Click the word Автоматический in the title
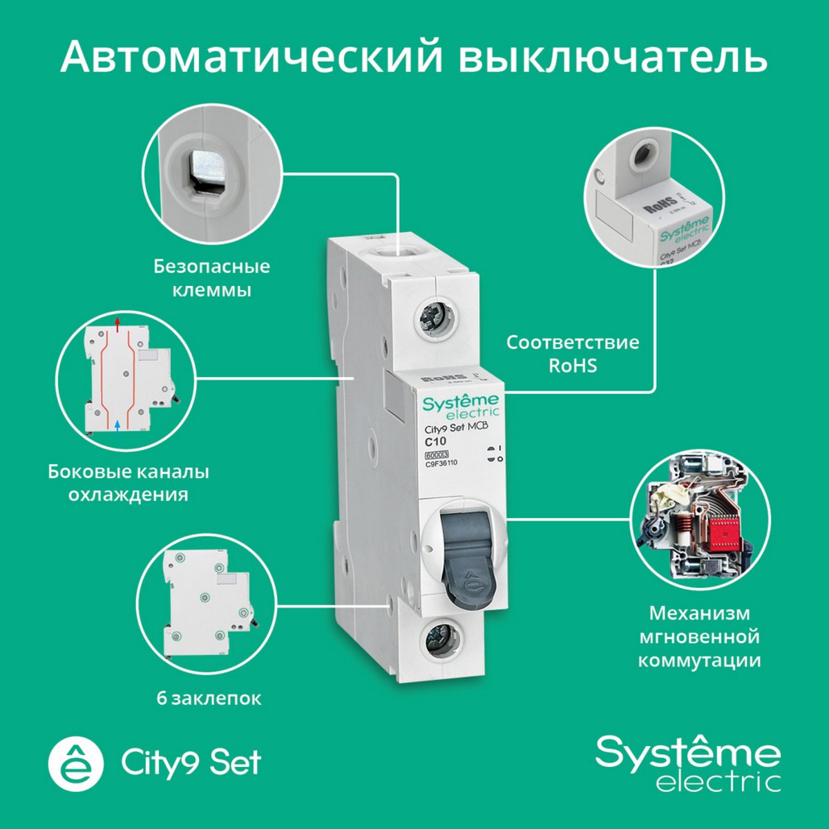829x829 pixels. (251, 57)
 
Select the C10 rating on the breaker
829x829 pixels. (435, 441)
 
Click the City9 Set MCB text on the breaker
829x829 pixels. (455, 428)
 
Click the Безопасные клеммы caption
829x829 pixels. (211, 278)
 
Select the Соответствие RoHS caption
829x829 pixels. (573, 354)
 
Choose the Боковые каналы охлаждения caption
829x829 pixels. (128, 483)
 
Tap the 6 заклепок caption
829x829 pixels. (209, 698)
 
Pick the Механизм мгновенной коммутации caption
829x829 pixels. (699, 636)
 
